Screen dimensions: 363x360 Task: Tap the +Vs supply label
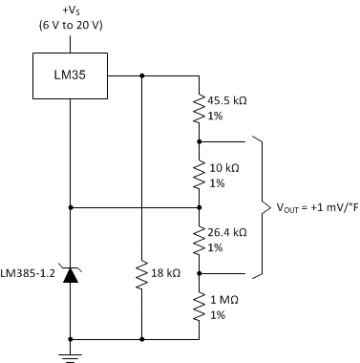coord(71,12)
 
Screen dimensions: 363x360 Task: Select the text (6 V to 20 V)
coord(71,28)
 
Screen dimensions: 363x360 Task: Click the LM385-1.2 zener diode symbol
coord(71,276)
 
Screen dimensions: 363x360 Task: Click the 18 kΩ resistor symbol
coord(141,276)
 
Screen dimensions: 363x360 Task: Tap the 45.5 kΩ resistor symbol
coord(199,107)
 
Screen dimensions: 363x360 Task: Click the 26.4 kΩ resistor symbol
coord(199,240)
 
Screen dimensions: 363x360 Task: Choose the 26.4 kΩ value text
coord(232,232)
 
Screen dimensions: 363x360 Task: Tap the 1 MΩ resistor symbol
coord(199,308)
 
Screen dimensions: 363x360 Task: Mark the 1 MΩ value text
coord(224,300)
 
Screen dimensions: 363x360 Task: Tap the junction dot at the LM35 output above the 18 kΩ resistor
coord(141,75)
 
